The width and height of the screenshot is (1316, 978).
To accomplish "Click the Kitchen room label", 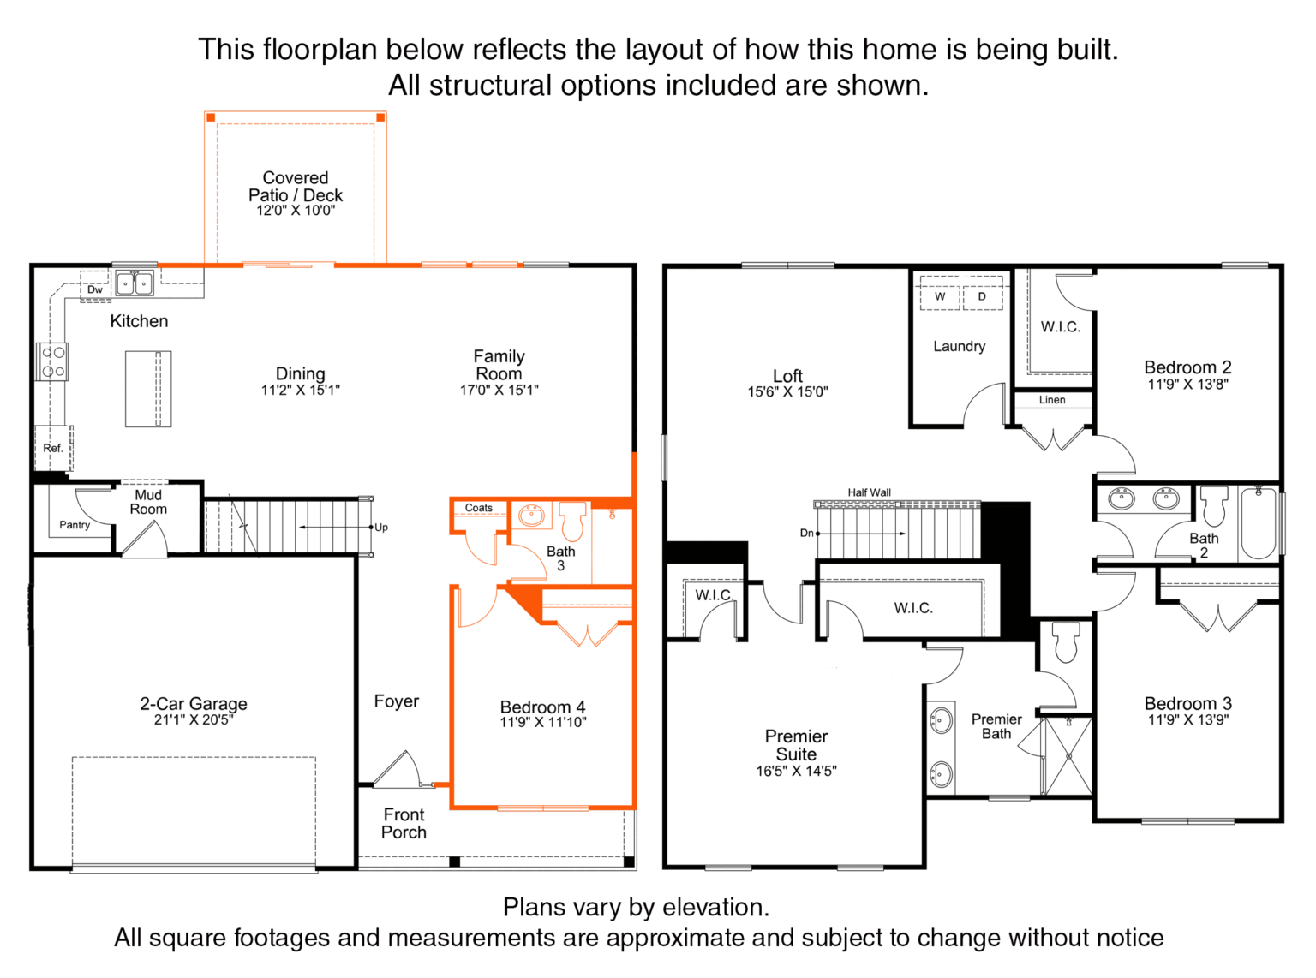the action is [x=139, y=321].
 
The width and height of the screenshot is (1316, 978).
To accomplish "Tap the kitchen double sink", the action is [x=135, y=283].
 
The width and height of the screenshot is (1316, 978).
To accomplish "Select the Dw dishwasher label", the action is [x=95, y=289].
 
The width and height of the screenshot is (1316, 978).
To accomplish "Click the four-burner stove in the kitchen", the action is [x=52, y=361].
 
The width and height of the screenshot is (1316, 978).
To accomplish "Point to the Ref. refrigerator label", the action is [x=53, y=449].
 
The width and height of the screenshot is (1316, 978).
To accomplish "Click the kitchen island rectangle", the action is [x=148, y=389].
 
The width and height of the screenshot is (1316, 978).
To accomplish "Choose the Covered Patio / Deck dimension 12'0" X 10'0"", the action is [x=296, y=211].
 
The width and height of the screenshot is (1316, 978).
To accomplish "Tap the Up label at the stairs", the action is [x=381, y=528].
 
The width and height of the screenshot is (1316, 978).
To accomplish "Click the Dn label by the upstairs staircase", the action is [x=806, y=533].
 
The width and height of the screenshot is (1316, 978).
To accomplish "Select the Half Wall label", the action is [x=870, y=492].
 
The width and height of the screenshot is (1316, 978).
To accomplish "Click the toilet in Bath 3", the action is [x=572, y=521].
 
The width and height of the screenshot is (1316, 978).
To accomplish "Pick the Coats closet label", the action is [x=478, y=508].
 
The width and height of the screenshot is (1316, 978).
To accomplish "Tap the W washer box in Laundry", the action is [x=940, y=297].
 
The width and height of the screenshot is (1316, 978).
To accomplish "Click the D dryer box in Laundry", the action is [x=983, y=297].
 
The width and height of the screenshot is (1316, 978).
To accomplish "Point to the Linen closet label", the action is [x=1052, y=400].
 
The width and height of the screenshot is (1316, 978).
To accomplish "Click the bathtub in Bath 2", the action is [x=1257, y=522].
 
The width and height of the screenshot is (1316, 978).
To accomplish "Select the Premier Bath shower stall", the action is [x=1068, y=755].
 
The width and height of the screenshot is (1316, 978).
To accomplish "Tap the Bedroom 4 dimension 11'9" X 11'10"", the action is [x=543, y=722].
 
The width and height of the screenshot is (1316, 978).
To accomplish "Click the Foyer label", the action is [x=397, y=701].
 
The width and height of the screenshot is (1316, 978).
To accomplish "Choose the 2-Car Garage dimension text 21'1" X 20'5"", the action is [x=194, y=719].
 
